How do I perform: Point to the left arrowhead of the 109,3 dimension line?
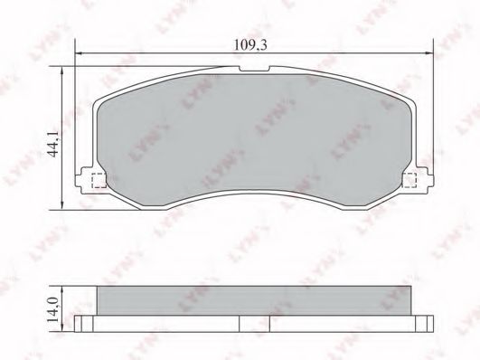click(x=79, y=54)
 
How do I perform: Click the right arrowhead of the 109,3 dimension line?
click(x=430, y=54)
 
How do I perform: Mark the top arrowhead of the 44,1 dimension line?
click(x=62, y=72)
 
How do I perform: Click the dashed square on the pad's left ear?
click(x=98, y=179)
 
